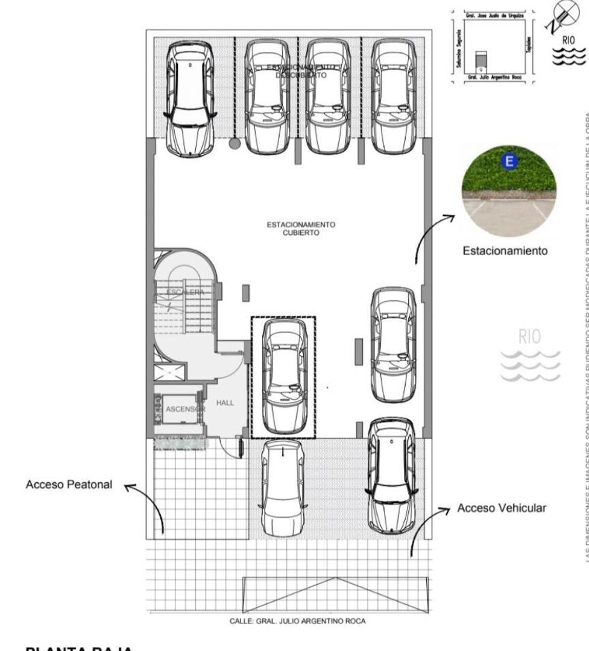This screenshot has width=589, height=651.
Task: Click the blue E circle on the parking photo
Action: (x=509, y=161)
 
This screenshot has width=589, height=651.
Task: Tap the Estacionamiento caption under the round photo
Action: (x=505, y=250)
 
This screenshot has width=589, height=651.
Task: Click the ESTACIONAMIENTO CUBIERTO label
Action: (x=309, y=228)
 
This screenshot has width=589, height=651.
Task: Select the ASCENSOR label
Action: (x=185, y=409)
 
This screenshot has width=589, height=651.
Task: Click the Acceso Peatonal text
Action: (x=69, y=485)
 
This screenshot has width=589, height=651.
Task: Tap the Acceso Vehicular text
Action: (x=502, y=508)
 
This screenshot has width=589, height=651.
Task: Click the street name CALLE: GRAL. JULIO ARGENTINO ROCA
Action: (x=297, y=621)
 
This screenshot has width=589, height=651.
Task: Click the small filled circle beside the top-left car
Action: (x=234, y=143)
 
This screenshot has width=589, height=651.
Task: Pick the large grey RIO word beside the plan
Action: (x=529, y=337)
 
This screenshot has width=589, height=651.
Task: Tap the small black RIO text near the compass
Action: (x=569, y=40)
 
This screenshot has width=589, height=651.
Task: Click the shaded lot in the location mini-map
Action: (x=480, y=59)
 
